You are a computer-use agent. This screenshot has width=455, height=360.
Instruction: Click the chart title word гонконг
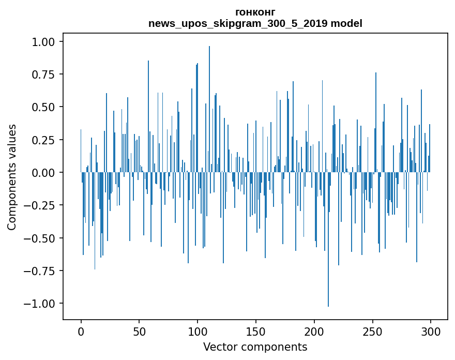pos(255,12)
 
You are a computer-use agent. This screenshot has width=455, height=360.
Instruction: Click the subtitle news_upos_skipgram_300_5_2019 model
pos(255,23)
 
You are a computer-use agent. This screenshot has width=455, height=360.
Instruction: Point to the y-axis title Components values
pos(11,177)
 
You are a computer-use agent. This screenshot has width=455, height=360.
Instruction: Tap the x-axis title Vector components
pos(255,347)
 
